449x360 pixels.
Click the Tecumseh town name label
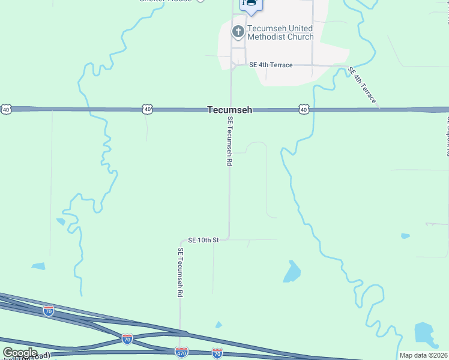[229, 110]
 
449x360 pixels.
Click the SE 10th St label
[203, 240]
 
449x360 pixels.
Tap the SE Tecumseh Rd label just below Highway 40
[229, 142]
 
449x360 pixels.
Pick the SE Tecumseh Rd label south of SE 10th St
[179, 273]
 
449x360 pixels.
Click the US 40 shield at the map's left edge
[6, 109]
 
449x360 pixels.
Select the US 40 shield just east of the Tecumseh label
[304, 109]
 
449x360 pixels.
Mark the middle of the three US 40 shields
[148, 109]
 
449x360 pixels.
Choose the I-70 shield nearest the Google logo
[49, 311]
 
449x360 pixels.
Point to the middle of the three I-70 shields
[127, 339]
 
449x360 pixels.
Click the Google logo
[20, 353]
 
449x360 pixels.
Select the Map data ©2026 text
[423, 355]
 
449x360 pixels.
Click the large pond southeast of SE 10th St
[292, 272]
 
